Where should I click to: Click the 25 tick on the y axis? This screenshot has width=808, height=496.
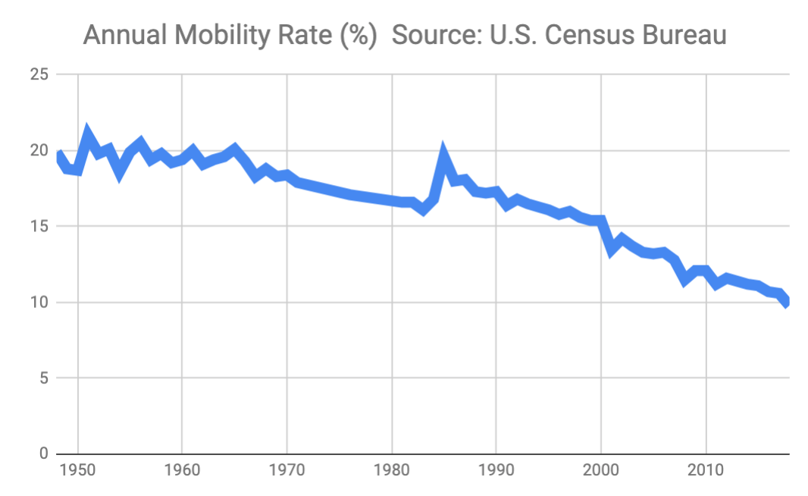(x=40, y=75)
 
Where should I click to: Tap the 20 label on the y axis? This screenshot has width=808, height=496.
(x=40, y=151)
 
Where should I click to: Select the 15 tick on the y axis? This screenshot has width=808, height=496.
(x=40, y=227)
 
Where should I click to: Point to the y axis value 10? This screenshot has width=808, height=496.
(x=40, y=303)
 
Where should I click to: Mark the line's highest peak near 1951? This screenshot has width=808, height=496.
(x=87, y=133)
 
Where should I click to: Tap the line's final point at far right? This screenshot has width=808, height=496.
(x=788, y=303)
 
